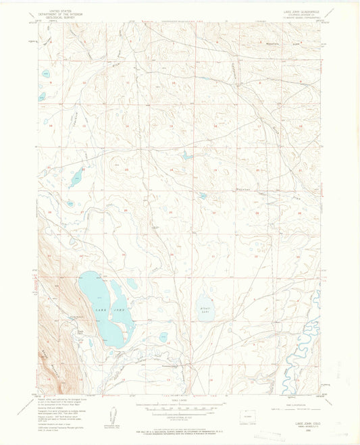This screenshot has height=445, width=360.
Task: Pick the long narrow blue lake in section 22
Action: [x=76, y=178]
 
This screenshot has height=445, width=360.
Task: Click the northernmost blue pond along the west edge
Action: [x=45, y=74]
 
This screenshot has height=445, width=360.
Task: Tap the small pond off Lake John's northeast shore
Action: [x=132, y=284]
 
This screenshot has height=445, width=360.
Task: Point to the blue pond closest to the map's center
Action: [x=202, y=196]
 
